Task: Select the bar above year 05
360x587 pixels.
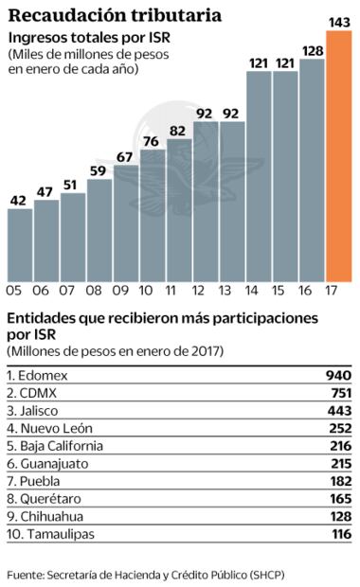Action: [x=20, y=243]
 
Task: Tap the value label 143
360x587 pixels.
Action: [x=338, y=21]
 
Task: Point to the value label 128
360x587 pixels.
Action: [x=312, y=50]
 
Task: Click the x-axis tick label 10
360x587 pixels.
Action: [x=148, y=291]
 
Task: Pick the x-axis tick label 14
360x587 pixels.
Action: [x=259, y=291]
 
